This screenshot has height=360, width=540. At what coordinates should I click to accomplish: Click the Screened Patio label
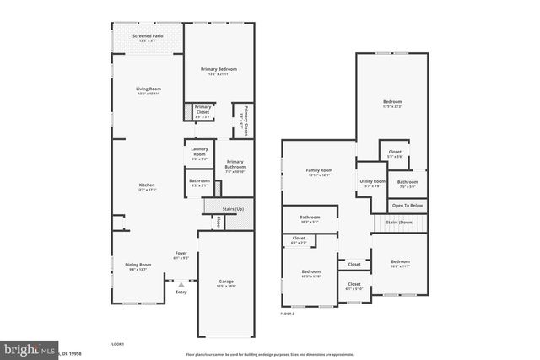[148, 38]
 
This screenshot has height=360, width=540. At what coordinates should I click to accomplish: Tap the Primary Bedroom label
[219, 69]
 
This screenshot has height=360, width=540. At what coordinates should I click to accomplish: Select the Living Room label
[148, 89]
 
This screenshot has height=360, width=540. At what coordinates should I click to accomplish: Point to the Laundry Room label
[199, 153]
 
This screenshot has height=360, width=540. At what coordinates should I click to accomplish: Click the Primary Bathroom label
[235, 166]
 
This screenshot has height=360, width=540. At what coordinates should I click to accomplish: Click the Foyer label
[181, 254]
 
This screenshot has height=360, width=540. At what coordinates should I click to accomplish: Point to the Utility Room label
[372, 182]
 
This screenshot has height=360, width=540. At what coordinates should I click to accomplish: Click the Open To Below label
[408, 205]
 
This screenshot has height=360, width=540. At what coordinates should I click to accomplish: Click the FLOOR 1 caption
[117, 345]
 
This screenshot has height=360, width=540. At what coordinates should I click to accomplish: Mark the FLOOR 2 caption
[288, 314]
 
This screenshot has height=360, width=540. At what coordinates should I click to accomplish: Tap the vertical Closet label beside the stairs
[219, 223]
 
